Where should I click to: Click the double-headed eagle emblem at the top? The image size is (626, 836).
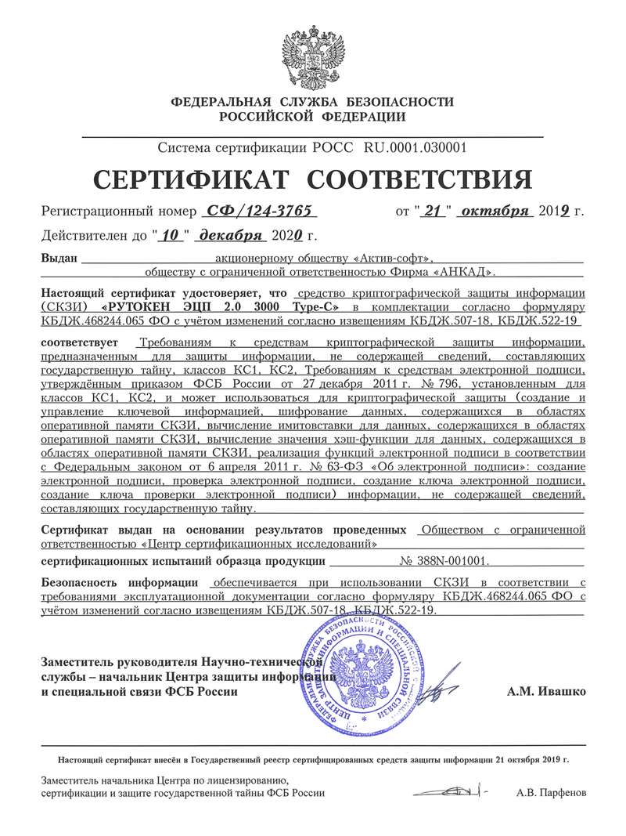tap(313, 55)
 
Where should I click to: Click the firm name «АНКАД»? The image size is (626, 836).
tap(464, 272)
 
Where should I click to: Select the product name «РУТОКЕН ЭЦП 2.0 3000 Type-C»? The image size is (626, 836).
tap(221, 307)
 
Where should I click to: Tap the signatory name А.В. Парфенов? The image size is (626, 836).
tap(551, 793)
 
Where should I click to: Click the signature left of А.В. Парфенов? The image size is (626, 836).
tap(454, 791)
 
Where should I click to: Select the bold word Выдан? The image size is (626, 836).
tap(59, 257)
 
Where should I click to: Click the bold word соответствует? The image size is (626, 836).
tap(78, 343)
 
